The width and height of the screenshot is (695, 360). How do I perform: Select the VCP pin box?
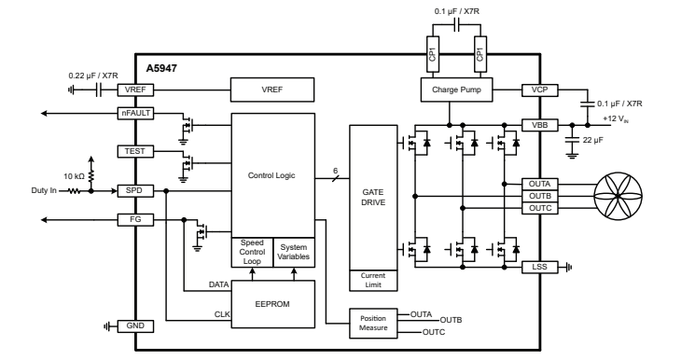point(539,90)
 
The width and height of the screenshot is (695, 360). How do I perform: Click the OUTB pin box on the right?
point(539,197)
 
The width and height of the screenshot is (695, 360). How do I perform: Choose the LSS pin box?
point(539,266)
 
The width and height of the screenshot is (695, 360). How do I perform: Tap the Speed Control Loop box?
point(252,252)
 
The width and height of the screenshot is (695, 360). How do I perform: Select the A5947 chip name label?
point(162,69)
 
